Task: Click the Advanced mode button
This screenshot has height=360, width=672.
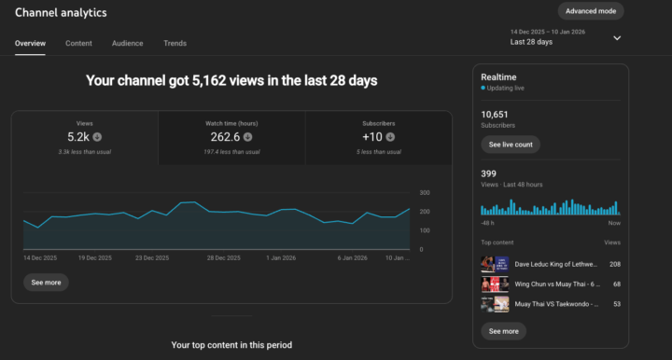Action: pos(591,11)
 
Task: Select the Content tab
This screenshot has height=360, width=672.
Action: pos(78,43)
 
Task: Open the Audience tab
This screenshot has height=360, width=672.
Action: pos(127,43)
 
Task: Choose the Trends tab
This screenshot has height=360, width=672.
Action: pos(175,43)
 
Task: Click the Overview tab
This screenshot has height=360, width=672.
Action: pos(30,43)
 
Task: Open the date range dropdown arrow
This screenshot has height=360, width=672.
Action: pos(617,38)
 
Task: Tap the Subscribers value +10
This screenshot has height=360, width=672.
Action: pos(373,136)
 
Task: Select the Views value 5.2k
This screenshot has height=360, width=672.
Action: pos(78,136)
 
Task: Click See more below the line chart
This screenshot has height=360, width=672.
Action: pos(46,282)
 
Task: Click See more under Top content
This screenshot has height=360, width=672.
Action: pos(503,331)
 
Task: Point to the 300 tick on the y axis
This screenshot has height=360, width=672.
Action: pos(425,192)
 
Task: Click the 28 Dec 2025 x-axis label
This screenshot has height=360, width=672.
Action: pos(225,257)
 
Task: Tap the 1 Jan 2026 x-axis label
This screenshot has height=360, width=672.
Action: pos(281,257)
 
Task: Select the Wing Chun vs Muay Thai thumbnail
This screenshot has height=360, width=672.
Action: pos(494,284)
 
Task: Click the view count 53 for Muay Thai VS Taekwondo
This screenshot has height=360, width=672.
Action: pos(615,304)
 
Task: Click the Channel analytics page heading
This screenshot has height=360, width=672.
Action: pos(61,13)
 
